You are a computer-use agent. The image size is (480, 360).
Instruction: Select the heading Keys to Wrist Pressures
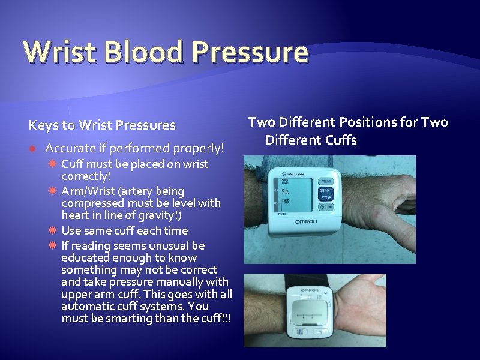(x=103, y=125)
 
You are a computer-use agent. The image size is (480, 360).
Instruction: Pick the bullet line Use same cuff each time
(x=124, y=230)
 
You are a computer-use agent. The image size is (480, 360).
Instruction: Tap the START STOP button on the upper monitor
(x=326, y=194)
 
